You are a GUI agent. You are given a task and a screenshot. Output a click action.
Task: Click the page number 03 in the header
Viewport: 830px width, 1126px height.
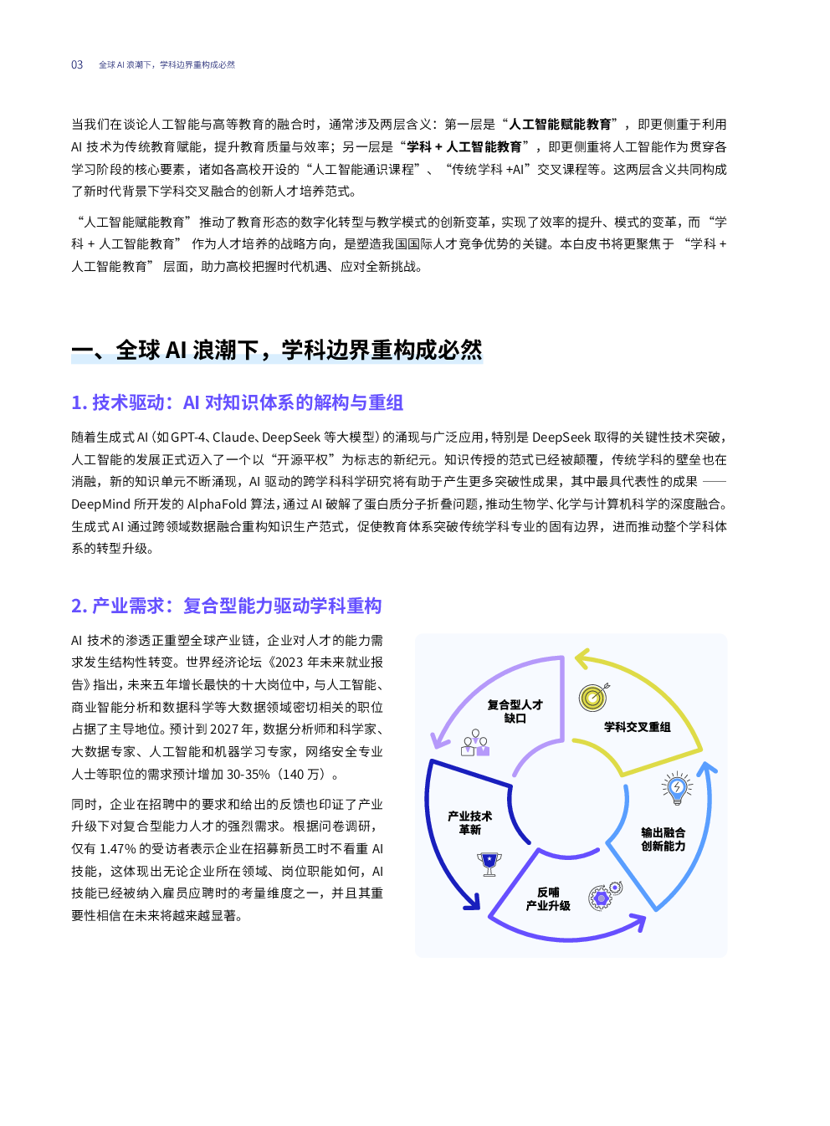(x=77, y=65)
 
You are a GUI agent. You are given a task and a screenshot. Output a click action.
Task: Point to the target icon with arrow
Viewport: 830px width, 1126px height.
(x=594, y=697)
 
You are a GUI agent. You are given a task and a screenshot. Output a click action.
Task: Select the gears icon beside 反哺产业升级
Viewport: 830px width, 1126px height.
(x=605, y=895)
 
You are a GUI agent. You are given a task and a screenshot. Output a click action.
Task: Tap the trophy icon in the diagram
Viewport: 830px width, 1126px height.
(x=489, y=863)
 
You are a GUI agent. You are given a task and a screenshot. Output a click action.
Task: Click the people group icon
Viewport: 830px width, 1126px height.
(x=475, y=743)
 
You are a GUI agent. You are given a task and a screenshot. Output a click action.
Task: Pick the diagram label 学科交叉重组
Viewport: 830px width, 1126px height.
(x=637, y=727)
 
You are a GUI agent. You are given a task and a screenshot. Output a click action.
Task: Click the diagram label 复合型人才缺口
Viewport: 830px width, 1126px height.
(x=515, y=711)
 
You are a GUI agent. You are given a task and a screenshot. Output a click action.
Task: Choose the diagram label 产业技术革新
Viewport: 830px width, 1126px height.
(x=469, y=822)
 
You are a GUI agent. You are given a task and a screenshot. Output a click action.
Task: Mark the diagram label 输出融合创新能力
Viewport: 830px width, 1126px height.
(x=663, y=839)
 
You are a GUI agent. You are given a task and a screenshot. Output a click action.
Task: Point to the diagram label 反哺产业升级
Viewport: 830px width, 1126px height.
(x=548, y=898)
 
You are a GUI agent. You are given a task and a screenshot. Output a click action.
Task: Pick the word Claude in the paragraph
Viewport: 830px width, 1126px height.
(x=233, y=438)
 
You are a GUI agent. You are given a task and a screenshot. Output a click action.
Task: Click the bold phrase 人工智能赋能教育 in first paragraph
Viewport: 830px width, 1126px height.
(x=560, y=124)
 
